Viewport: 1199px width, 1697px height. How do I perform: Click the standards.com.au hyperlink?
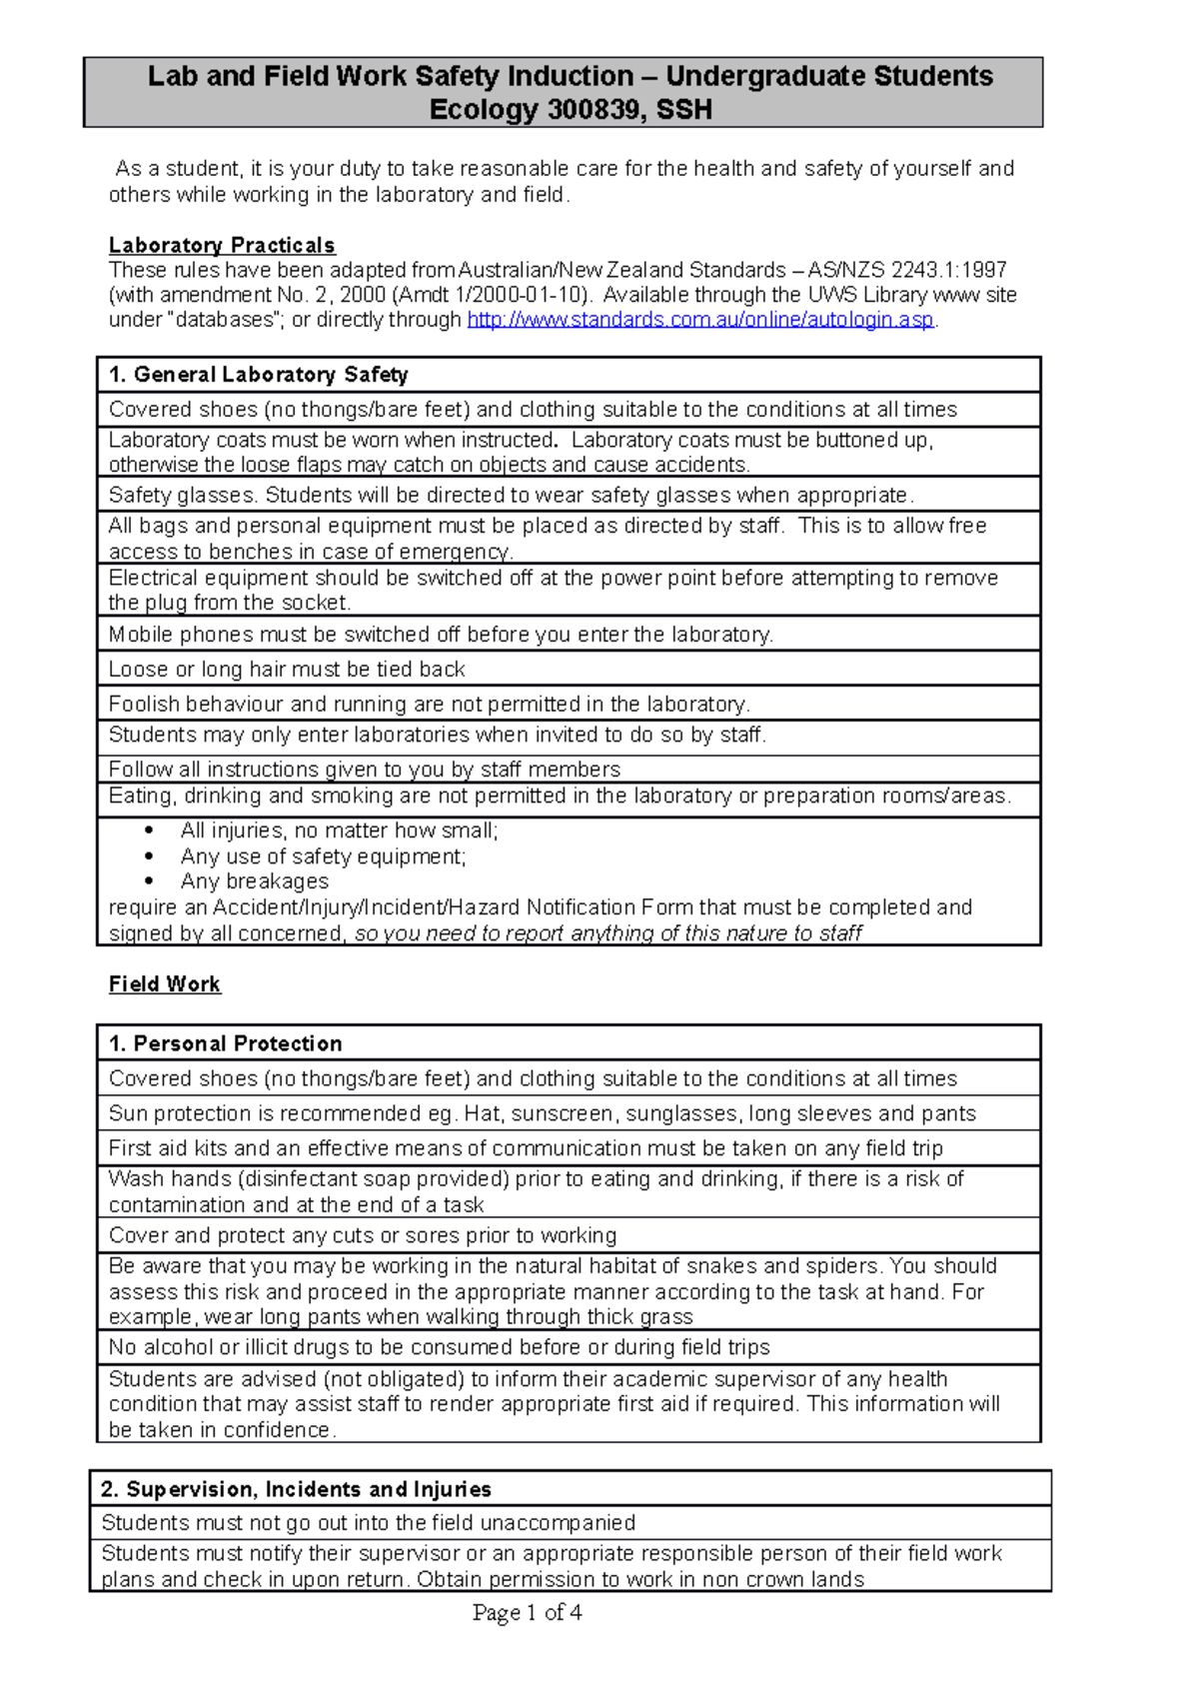700,320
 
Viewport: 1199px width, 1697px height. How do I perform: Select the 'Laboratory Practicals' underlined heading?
222,246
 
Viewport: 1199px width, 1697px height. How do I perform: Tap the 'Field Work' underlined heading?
165,984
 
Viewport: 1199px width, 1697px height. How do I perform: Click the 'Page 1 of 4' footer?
527,1612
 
